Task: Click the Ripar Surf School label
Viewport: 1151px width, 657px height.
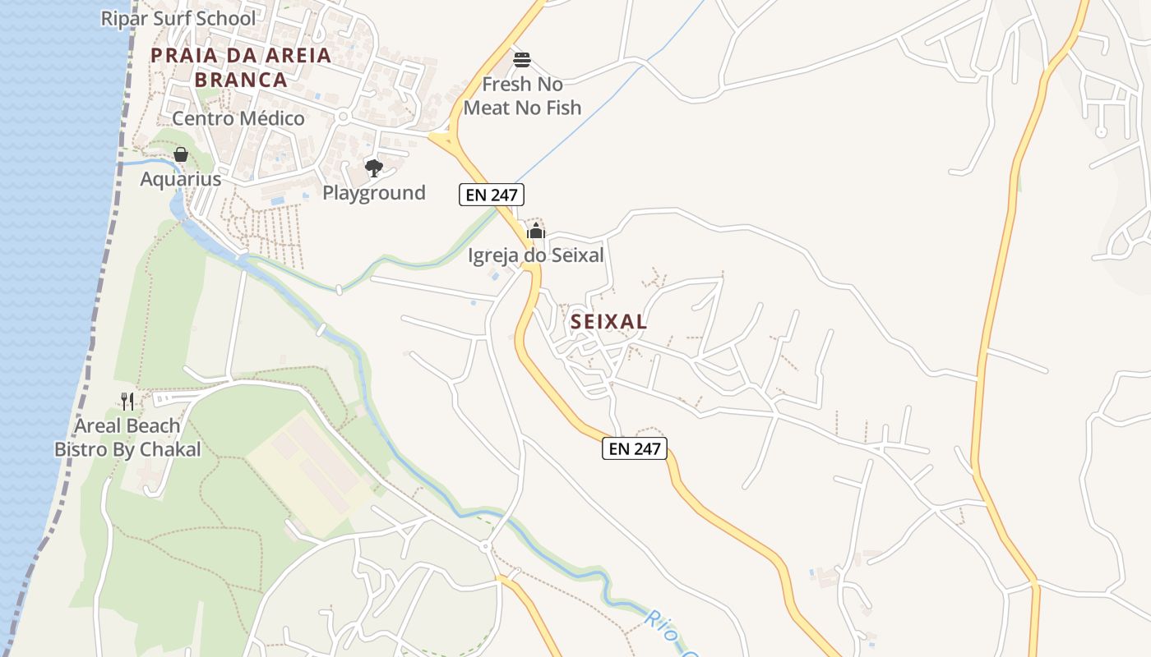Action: [178, 18]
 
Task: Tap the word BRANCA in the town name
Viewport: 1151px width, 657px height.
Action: [241, 80]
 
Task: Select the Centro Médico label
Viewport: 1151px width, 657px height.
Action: [238, 118]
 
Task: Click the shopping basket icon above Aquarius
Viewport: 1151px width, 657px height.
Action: [181, 154]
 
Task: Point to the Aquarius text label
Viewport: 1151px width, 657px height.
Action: [180, 179]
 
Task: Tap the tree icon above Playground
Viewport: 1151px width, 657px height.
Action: [374, 168]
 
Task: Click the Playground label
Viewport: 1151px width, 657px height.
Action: [373, 193]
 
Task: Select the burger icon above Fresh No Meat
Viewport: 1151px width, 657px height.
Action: [522, 60]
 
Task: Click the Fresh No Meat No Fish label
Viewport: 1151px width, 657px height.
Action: [522, 96]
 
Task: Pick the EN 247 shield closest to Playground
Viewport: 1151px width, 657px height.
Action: [491, 195]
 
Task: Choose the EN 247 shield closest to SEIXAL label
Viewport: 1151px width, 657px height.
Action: [634, 448]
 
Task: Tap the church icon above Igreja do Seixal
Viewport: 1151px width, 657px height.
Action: [536, 231]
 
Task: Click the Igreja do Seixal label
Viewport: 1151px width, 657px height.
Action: [535, 255]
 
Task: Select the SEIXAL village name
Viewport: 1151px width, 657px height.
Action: [608, 322]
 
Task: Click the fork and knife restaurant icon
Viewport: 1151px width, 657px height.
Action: [127, 401]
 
